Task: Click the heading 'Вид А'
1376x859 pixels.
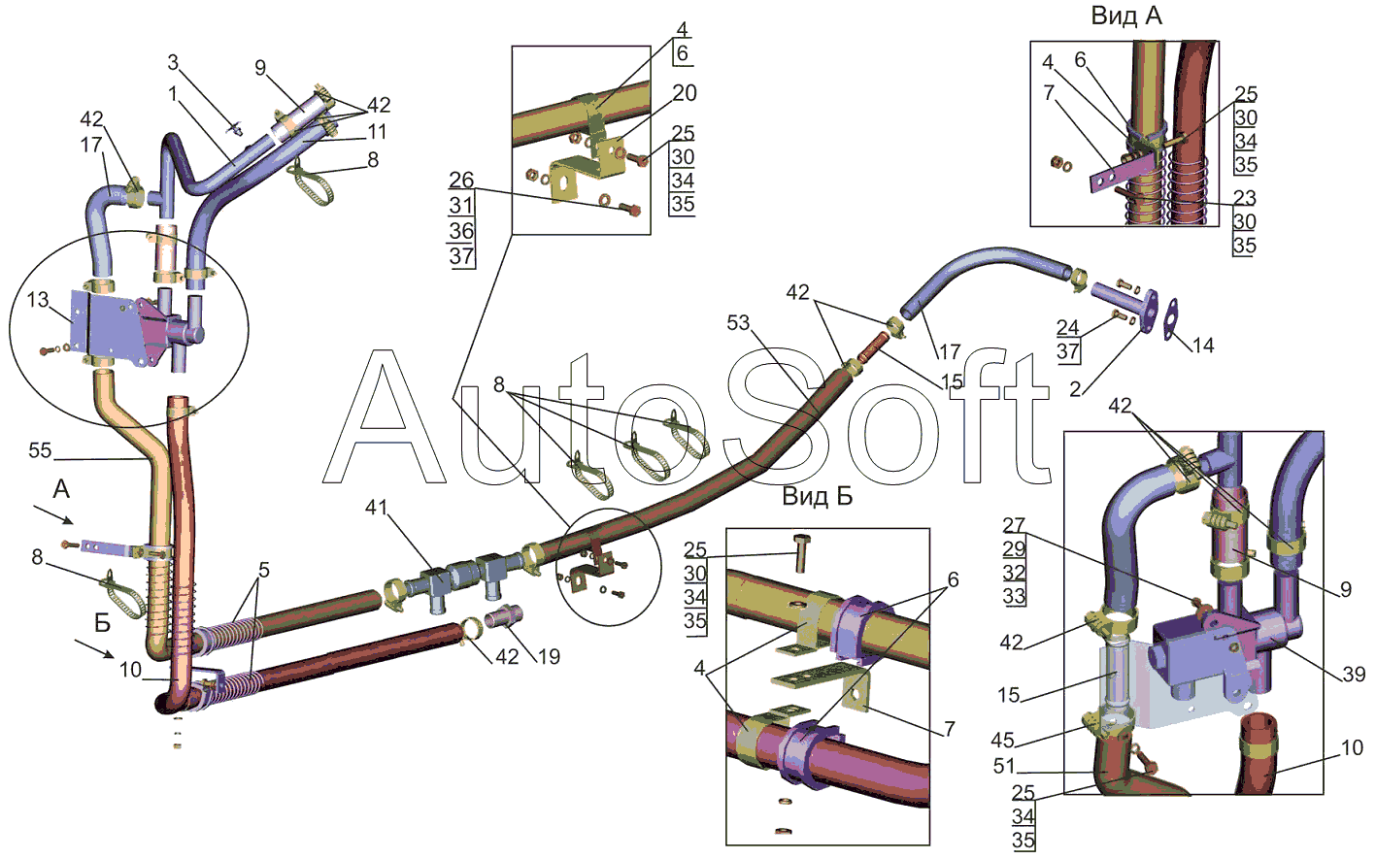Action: [x=1125, y=16]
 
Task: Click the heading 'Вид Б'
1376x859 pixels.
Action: [x=817, y=497]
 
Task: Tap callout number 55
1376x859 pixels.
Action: [x=40, y=450]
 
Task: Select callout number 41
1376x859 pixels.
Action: [x=376, y=508]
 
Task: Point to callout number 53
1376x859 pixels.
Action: [x=738, y=322]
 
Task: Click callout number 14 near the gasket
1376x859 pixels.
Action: [x=1202, y=346]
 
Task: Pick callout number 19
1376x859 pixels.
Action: [x=549, y=657]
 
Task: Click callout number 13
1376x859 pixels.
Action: [x=38, y=300]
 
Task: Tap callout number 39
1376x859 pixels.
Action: [x=1353, y=674]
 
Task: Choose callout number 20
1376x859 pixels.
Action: [x=685, y=93]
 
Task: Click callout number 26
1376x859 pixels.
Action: [x=461, y=181]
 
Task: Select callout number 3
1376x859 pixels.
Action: [x=173, y=63]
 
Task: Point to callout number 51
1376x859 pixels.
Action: [x=1004, y=766]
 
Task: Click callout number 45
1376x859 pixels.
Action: [x=1002, y=741]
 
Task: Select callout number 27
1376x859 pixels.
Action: [x=1014, y=525]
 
